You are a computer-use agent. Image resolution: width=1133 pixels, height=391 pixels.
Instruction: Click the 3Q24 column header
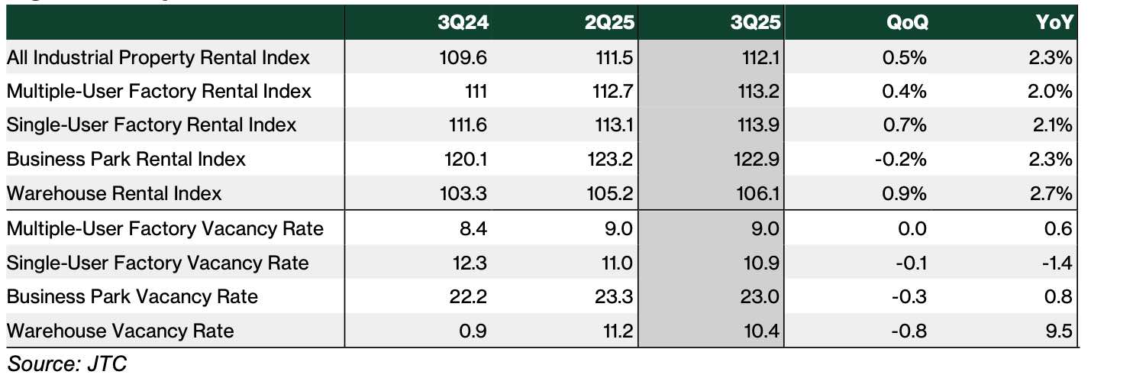(x=463, y=23)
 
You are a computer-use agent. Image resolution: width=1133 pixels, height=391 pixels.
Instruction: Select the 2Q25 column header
(x=609, y=23)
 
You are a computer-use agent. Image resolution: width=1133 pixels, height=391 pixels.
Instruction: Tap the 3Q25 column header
(x=756, y=23)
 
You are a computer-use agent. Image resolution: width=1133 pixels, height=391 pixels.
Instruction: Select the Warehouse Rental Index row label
(x=115, y=194)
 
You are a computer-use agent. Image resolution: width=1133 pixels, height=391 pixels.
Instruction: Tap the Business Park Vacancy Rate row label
(x=132, y=297)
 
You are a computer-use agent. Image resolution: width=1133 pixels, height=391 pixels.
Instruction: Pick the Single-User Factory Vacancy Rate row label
(x=158, y=263)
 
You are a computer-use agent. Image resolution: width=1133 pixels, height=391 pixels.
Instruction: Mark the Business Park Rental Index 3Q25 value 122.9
(x=760, y=160)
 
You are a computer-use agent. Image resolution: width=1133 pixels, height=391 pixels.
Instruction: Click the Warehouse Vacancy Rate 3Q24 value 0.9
(x=474, y=331)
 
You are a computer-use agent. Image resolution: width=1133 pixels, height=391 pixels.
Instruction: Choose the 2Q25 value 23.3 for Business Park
(x=617, y=297)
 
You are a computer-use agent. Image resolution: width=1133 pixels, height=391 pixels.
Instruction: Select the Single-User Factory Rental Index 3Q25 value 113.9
(x=760, y=125)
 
